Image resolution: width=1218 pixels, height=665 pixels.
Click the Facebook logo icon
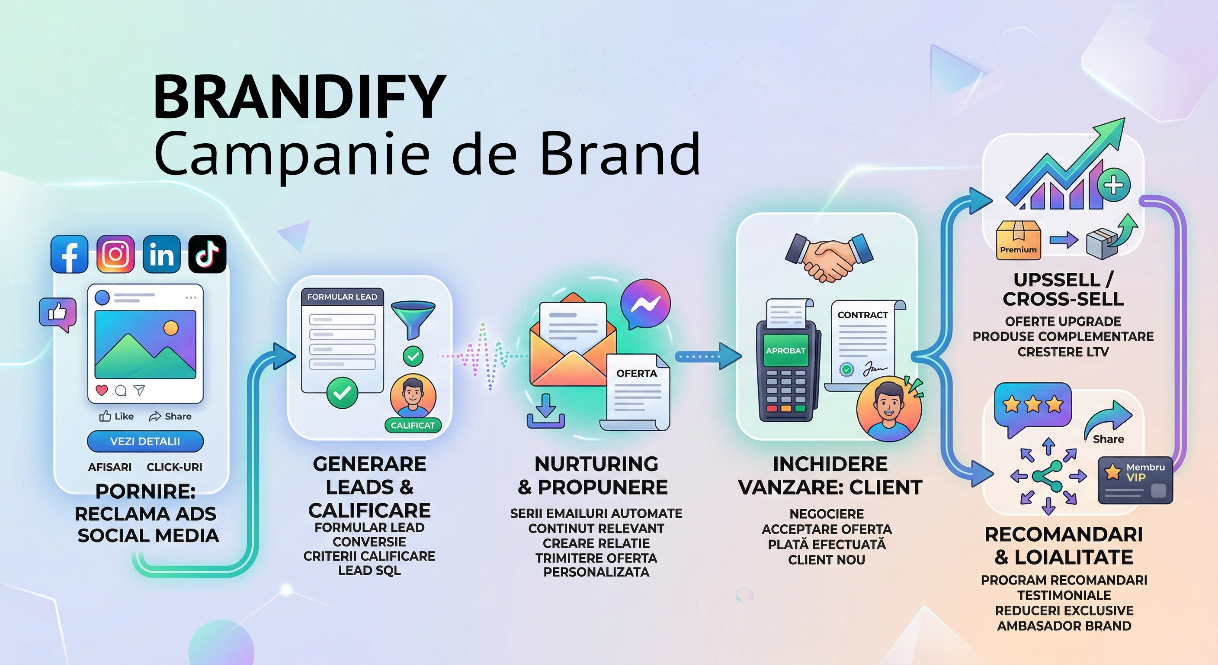click(69, 254)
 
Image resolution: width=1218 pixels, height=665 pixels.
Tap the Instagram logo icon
click(115, 254)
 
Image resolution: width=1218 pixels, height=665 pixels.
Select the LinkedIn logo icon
click(161, 254)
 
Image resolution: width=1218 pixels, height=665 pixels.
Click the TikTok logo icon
click(207, 254)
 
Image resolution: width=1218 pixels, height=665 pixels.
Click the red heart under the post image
click(102, 390)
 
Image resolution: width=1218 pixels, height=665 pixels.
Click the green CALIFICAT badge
click(412, 426)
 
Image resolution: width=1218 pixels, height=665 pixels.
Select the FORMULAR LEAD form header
click(342, 297)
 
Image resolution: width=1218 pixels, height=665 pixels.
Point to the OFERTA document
click(635, 392)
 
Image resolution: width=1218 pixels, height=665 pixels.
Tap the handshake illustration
click(829, 255)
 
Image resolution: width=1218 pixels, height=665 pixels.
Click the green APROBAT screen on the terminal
click(785, 351)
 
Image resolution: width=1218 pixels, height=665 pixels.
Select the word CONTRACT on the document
click(863, 315)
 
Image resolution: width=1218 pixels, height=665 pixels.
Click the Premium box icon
click(1019, 240)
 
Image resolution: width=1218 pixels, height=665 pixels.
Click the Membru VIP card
click(1135, 480)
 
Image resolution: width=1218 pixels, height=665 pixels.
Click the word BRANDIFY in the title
click(300, 97)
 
